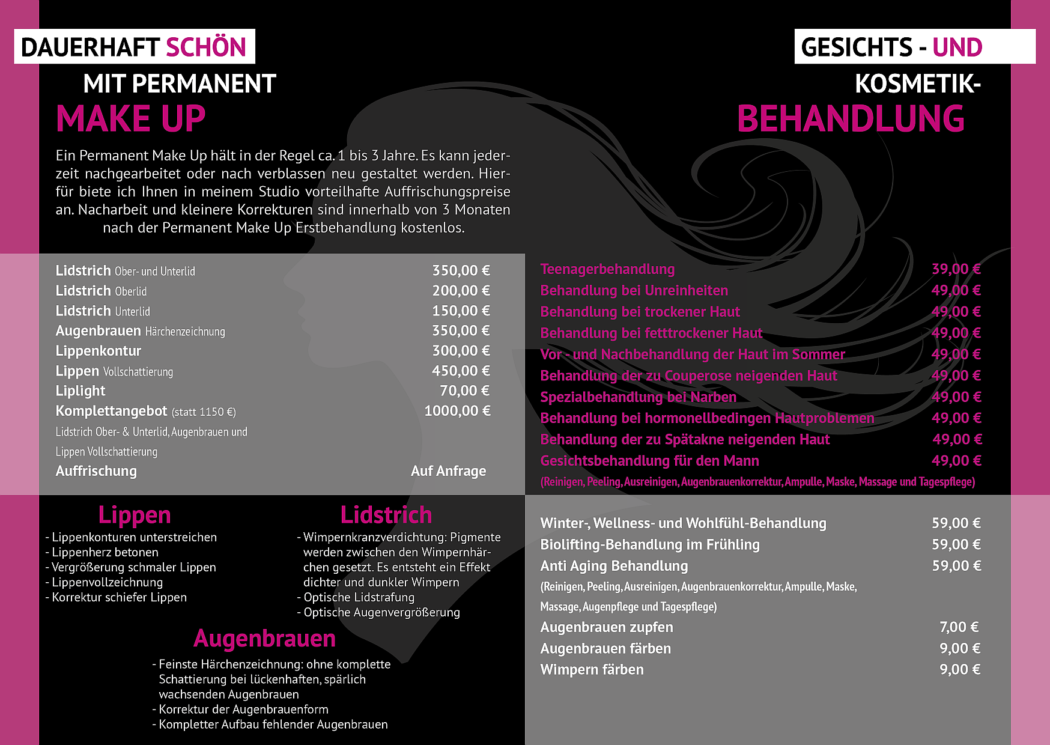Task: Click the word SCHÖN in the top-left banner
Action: pos(205,47)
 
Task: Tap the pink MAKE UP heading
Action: pos(131,118)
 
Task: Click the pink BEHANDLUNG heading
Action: pos(851,118)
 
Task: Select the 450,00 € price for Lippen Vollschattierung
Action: pos(461,371)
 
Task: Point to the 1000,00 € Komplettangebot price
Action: pos(457,411)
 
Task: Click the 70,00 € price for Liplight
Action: pos(464,391)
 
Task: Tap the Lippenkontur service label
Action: pos(99,351)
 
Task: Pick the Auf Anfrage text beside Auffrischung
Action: pos(448,471)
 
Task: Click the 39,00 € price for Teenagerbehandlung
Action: pos(956,269)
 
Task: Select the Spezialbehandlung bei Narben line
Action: pos(638,397)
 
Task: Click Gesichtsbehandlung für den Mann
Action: pos(649,461)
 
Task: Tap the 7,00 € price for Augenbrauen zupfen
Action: pos(959,627)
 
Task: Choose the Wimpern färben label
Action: pos(592,669)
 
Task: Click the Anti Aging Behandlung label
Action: pos(614,566)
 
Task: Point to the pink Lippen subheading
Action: pos(135,515)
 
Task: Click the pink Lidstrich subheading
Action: pos(386,515)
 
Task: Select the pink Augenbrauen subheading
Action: pos(264,638)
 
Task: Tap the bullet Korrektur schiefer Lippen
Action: pos(119,597)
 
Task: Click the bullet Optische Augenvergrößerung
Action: pos(381,612)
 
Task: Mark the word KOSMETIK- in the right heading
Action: pos(917,84)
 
